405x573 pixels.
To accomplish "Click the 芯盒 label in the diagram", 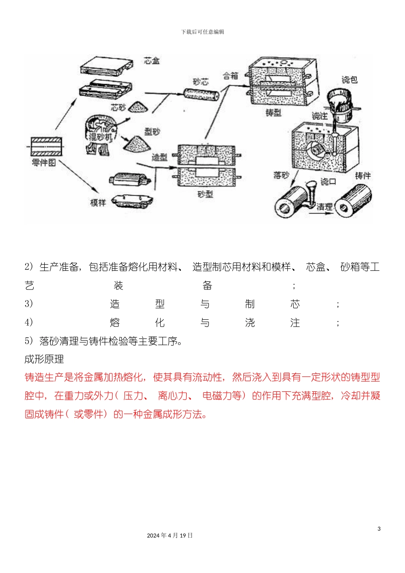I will pyautogui.click(x=152, y=61).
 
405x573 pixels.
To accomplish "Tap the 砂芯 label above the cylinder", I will pyautogui.click(x=200, y=82).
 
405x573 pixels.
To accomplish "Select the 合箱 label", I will pyautogui.click(x=231, y=76).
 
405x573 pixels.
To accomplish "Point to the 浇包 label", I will pyautogui.click(x=349, y=80).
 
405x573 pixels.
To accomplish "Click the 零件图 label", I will pyautogui.click(x=43, y=162).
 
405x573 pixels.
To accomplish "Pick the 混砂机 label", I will pyautogui.click(x=99, y=137).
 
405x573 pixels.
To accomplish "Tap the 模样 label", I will pyautogui.click(x=98, y=203).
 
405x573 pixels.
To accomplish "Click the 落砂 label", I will pyautogui.click(x=281, y=175).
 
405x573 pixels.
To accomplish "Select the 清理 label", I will pyautogui.click(x=324, y=207).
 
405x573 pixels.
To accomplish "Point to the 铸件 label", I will pyautogui.click(x=362, y=176).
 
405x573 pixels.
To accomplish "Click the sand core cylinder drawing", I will pyautogui.click(x=201, y=94).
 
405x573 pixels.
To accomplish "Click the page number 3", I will pyautogui.click(x=379, y=529).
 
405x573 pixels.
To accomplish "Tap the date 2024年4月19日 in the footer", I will pyautogui.click(x=170, y=535).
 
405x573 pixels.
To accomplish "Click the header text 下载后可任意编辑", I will pyautogui.click(x=202, y=32).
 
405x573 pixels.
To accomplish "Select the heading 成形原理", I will pyautogui.click(x=44, y=359).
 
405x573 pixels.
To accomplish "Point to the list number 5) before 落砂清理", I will pyautogui.click(x=29, y=341).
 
